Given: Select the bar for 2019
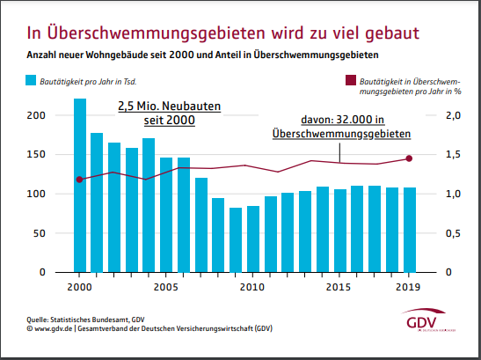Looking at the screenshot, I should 408,229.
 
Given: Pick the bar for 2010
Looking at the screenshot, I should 252,239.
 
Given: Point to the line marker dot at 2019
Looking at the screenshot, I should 408,158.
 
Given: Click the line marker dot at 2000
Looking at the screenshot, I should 79,180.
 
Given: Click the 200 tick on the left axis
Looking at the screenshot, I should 35,116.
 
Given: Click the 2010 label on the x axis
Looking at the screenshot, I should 252,287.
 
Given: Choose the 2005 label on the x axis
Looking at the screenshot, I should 166,287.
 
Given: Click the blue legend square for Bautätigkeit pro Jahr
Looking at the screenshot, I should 31,81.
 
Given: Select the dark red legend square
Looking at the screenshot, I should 352,80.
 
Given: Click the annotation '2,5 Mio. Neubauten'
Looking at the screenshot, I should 170,106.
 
